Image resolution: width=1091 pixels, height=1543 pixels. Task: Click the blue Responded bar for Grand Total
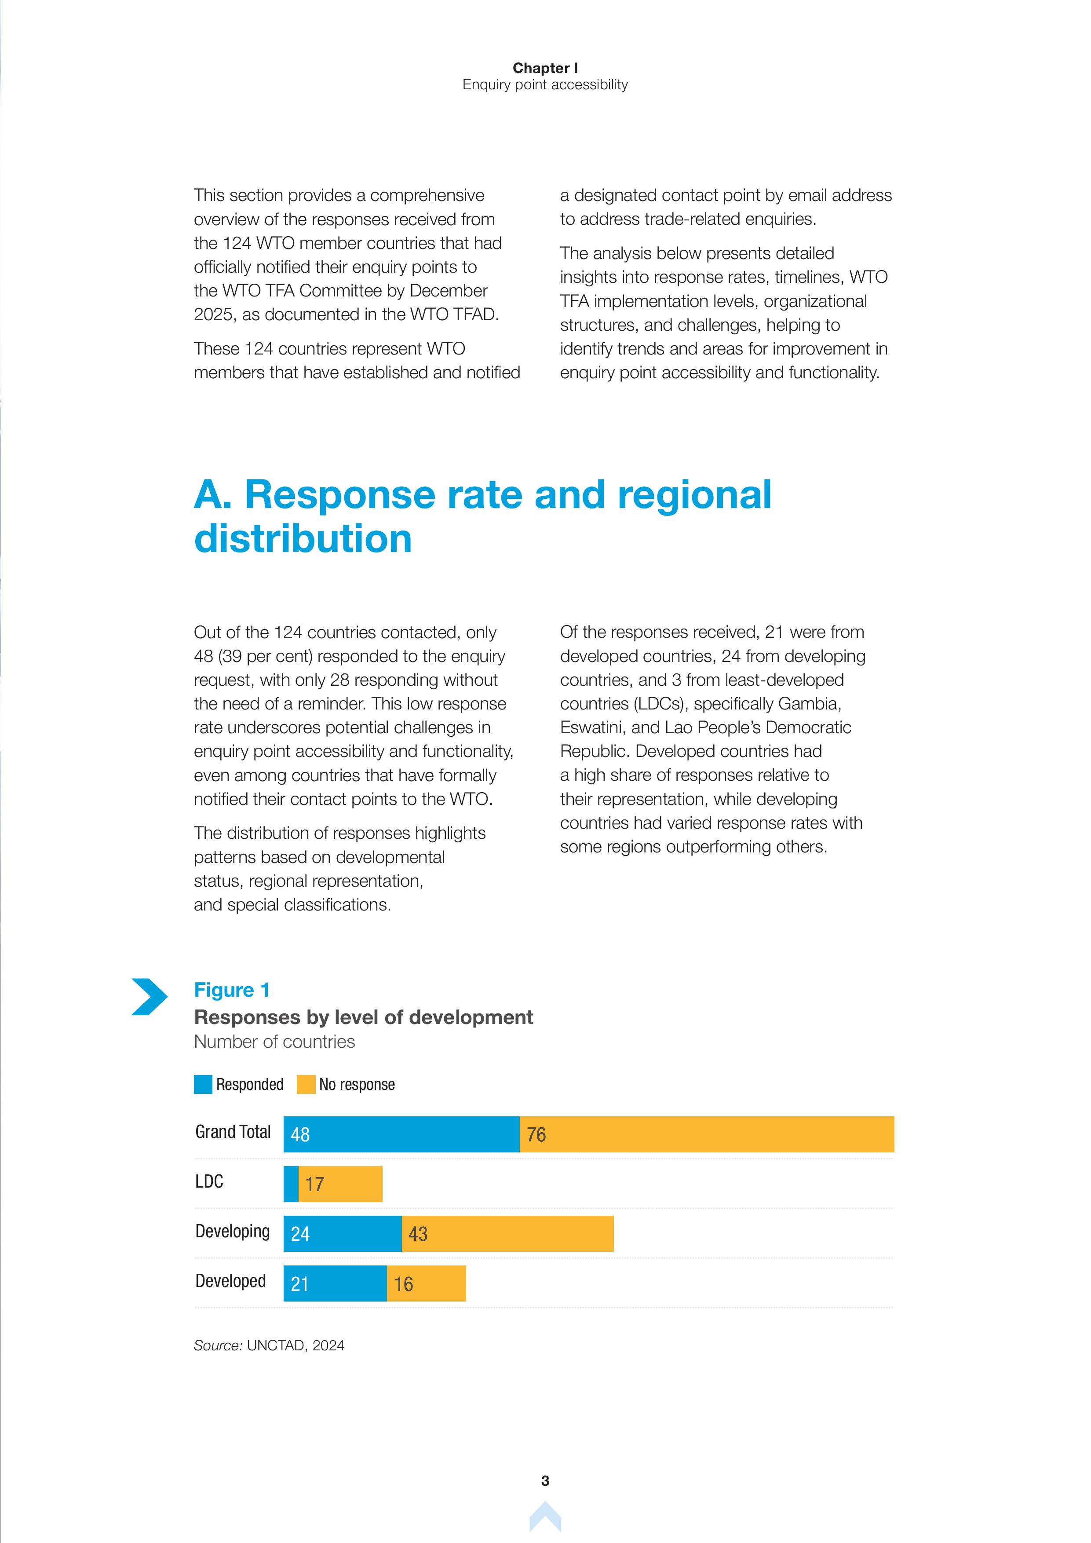tap(401, 1134)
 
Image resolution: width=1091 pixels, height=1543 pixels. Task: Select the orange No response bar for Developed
tap(426, 1283)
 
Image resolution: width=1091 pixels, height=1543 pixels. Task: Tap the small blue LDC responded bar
tap(291, 1184)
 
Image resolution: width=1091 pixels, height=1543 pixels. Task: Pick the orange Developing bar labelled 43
tap(507, 1234)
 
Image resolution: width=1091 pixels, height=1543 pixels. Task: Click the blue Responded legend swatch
tap(203, 1085)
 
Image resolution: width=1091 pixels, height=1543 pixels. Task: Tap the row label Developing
tap(233, 1231)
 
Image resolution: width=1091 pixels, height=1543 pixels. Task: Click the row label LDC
tap(209, 1181)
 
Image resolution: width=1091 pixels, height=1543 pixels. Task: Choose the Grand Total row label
tap(233, 1132)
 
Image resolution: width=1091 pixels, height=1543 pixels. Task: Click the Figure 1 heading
tap(232, 990)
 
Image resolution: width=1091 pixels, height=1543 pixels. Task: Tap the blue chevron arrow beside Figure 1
tap(149, 997)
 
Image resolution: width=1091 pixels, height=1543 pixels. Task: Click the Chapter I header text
tap(545, 68)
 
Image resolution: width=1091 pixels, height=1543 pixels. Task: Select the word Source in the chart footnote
tap(217, 1346)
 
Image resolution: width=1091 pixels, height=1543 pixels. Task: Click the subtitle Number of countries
tap(274, 1042)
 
